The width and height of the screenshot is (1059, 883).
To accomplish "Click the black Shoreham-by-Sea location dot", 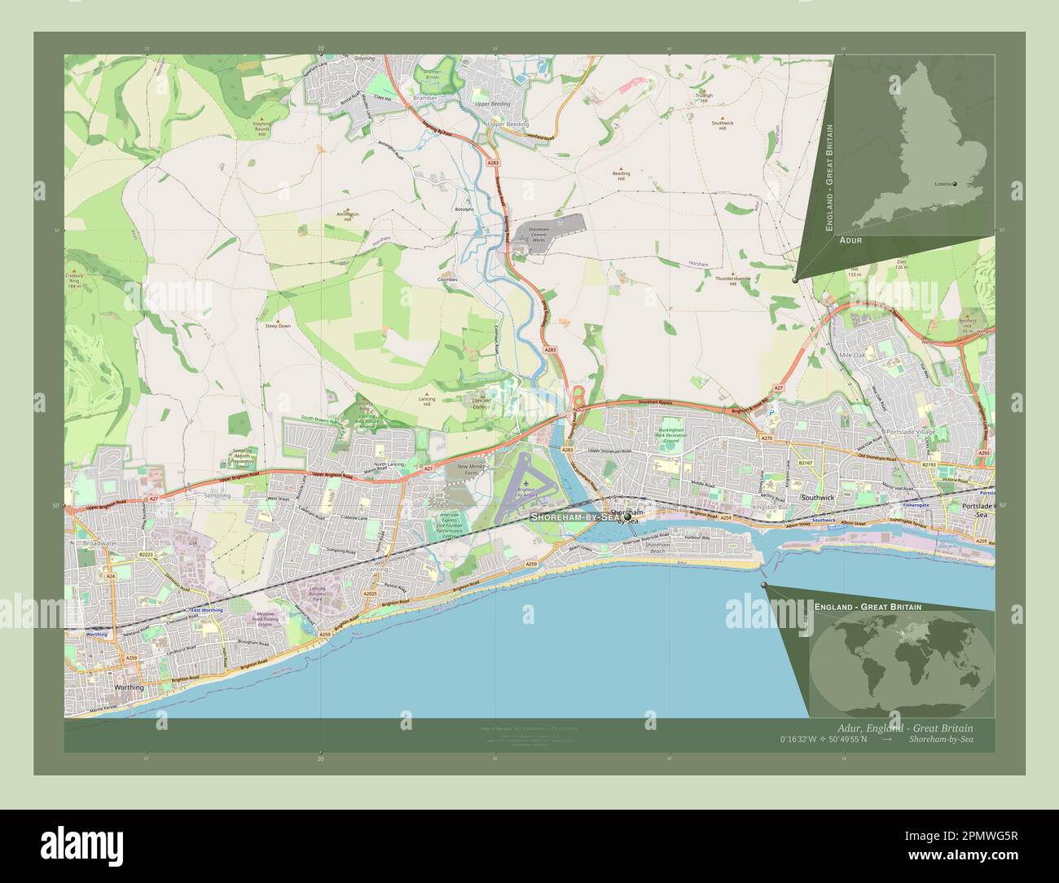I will click(x=627, y=517).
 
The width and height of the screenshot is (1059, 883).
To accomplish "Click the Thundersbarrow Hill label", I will click(x=732, y=279).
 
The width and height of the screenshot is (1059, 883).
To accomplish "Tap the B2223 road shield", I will click(x=146, y=554).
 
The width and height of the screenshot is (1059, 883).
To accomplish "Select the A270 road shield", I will click(x=767, y=438).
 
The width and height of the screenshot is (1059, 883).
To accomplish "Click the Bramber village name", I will click(x=425, y=98).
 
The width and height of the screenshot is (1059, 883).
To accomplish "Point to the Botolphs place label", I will click(x=464, y=209).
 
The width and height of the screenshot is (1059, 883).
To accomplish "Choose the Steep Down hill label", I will click(x=277, y=325).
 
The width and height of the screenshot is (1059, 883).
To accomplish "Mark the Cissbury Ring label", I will click(x=74, y=279).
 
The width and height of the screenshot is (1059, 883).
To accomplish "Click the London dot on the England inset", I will click(x=955, y=184).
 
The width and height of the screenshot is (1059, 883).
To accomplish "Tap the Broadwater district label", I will click(x=100, y=542).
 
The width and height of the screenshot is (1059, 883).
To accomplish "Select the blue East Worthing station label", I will click(x=206, y=610).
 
